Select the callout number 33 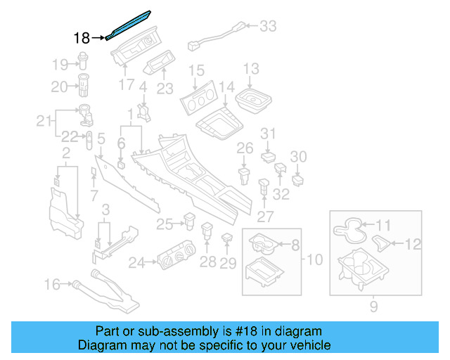(x=268, y=27)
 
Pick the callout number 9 (x=373, y=306)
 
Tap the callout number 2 (x=65, y=153)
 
